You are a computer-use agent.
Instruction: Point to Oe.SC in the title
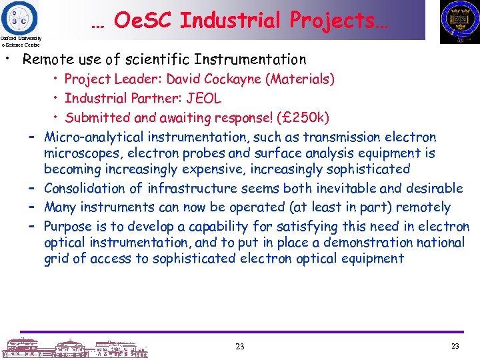tap(143, 21)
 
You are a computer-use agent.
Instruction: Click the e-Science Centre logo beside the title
tap(20, 16)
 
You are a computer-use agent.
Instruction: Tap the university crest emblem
tap(459, 21)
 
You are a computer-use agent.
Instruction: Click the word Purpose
tap(69, 227)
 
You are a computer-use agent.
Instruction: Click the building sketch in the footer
tap(73, 347)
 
